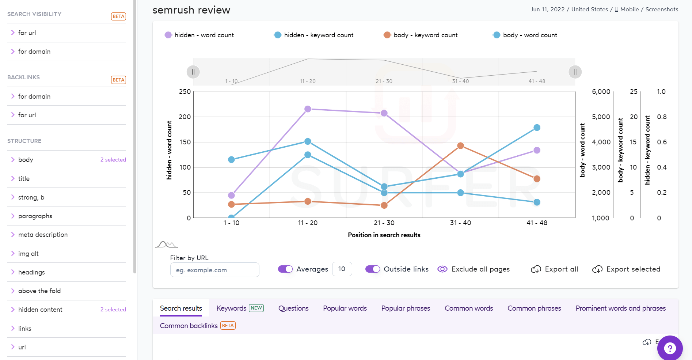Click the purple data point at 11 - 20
(x=308, y=109)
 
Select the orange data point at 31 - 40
(x=460, y=146)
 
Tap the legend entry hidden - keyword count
(x=314, y=35)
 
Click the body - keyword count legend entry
(x=421, y=35)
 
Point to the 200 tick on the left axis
(x=185, y=117)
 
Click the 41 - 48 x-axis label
(x=537, y=223)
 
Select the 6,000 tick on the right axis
(x=601, y=92)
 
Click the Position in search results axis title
(x=384, y=235)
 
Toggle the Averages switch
(x=285, y=269)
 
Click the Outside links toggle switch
(x=373, y=269)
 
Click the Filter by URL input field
(x=214, y=270)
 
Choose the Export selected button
(x=626, y=269)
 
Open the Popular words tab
(x=345, y=308)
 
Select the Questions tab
(x=293, y=308)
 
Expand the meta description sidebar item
(x=43, y=235)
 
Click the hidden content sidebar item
(x=40, y=310)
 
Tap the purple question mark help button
(x=670, y=348)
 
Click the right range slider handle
(x=575, y=72)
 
